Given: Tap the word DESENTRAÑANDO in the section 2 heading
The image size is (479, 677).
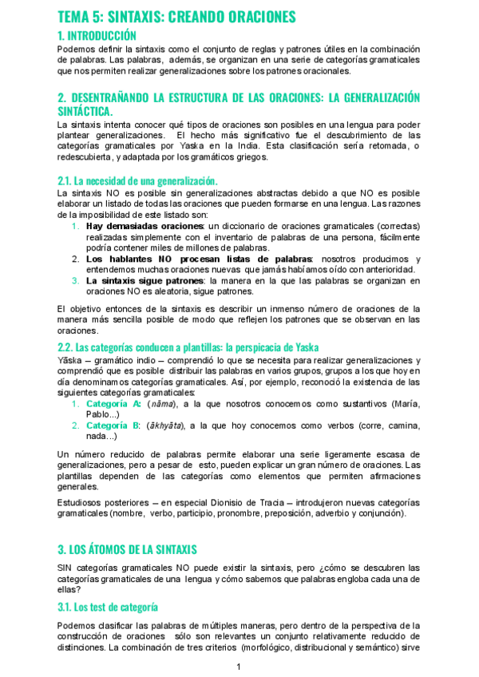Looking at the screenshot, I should pos(121,97).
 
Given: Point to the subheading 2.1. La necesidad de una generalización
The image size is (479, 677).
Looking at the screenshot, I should pos(137,181).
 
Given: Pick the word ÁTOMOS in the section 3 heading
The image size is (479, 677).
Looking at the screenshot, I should pos(114,549).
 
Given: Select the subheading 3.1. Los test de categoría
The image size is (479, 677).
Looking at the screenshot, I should pos(108,607).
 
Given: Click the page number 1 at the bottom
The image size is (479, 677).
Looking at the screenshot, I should pos(239,667).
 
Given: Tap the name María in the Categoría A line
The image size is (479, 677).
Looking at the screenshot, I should pos(406,403).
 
